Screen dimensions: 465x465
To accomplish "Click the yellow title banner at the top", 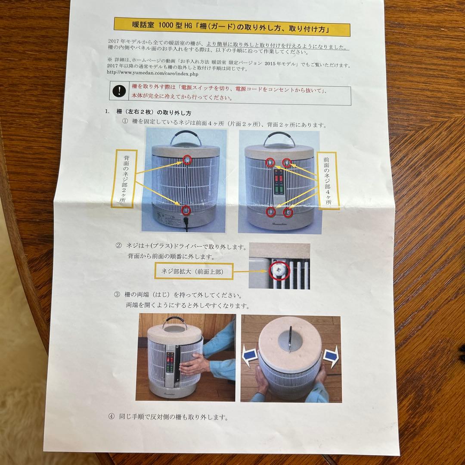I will tap(232, 29).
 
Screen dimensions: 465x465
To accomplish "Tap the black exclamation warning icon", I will tap(118, 91).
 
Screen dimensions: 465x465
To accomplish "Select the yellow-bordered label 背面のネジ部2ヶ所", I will tap(124, 179).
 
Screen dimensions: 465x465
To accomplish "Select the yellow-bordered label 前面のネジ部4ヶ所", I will tap(328, 180).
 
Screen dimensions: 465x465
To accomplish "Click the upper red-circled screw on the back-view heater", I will tap(187, 160).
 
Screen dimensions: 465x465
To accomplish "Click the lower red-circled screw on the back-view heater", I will tap(186, 210).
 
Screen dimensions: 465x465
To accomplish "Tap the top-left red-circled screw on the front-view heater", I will tap(270, 163).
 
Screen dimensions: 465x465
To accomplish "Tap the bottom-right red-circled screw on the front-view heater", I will tap(288, 212).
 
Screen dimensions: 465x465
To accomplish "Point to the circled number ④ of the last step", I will tap(112, 417).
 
